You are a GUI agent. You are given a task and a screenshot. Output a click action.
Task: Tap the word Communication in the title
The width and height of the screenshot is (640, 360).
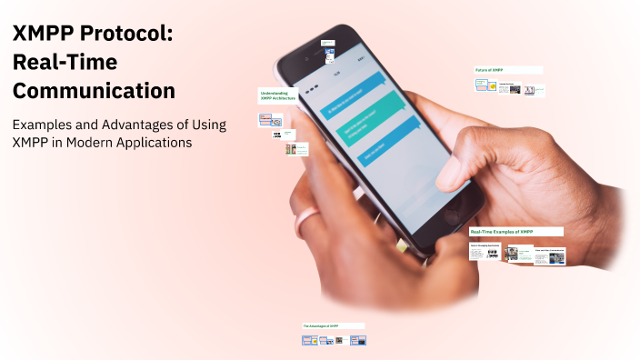coord(93,91)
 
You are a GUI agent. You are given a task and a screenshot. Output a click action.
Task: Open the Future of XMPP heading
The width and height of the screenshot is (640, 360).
coord(490,70)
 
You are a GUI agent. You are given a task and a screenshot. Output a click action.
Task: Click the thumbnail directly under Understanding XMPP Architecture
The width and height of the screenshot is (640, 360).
coord(271,120)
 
